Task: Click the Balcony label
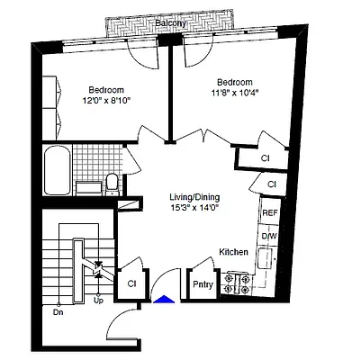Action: [170, 23]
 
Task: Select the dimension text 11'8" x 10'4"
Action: [233, 91]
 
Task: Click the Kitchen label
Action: [234, 253]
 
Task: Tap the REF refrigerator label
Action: [269, 213]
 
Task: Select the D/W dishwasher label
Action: [269, 236]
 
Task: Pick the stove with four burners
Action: [237, 283]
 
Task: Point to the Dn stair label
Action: [58, 312]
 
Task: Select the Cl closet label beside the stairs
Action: [131, 283]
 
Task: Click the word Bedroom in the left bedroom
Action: [106, 89]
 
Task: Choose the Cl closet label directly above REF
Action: [272, 184]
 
